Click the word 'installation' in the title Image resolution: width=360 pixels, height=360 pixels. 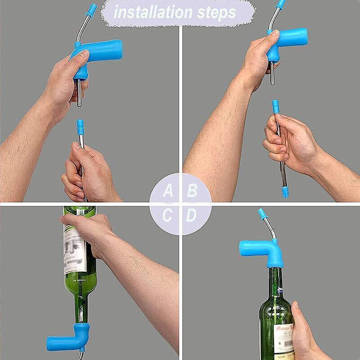pos(151,12)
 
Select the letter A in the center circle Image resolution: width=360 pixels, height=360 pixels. pos(168,191)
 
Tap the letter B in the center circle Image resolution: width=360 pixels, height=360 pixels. pos(192,191)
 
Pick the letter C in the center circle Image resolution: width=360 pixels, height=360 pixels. pos(168,215)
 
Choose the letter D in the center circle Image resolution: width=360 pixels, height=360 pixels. pos(192,215)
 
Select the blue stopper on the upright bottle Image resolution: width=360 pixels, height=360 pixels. pos(261,252)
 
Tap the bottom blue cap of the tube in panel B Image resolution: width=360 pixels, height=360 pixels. pos(285,193)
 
